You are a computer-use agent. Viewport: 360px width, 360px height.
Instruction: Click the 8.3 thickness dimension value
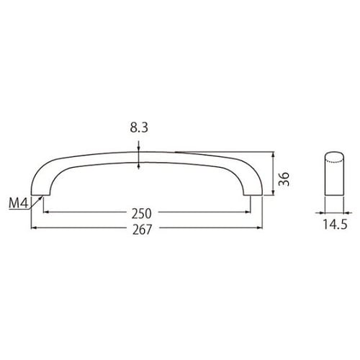138,130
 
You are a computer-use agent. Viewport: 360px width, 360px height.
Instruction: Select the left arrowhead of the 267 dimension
34,228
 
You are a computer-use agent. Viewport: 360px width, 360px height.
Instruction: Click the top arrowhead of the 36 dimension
272,154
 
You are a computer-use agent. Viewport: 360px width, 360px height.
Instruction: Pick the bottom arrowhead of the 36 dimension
272,192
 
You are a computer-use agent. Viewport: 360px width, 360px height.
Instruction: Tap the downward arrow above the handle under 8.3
139,148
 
